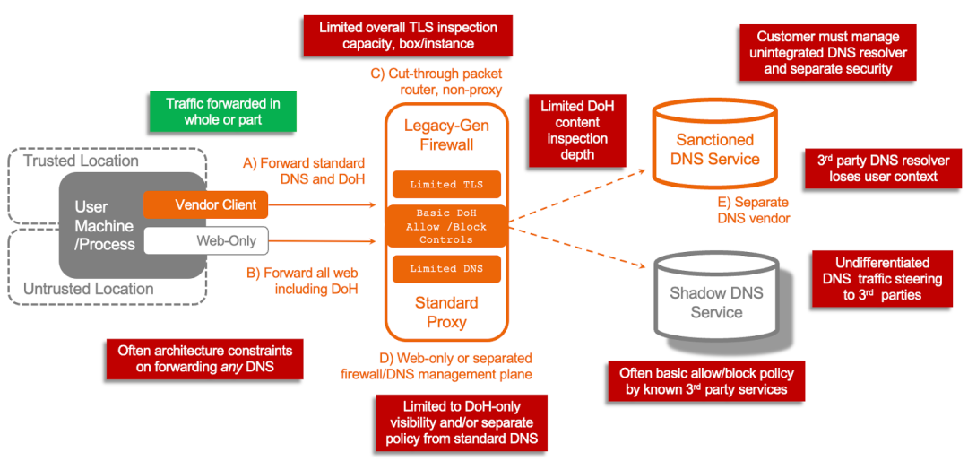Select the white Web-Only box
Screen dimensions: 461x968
pos(206,240)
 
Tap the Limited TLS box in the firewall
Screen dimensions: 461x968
pos(445,184)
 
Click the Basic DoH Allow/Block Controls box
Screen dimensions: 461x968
pos(445,227)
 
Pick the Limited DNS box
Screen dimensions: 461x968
pos(445,269)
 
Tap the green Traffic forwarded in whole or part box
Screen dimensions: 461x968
pos(222,111)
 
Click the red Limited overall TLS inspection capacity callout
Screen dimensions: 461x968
pos(408,35)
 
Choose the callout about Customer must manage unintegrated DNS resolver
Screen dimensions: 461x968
pos(827,53)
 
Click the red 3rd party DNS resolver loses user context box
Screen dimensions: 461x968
pos(883,168)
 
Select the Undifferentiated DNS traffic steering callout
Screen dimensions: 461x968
pos(882,278)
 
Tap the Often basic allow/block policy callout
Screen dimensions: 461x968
pos(705,380)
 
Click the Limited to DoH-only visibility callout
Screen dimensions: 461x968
pos(462,422)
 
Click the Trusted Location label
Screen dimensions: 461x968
pos(81,161)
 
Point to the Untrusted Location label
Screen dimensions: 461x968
pos(88,289)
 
